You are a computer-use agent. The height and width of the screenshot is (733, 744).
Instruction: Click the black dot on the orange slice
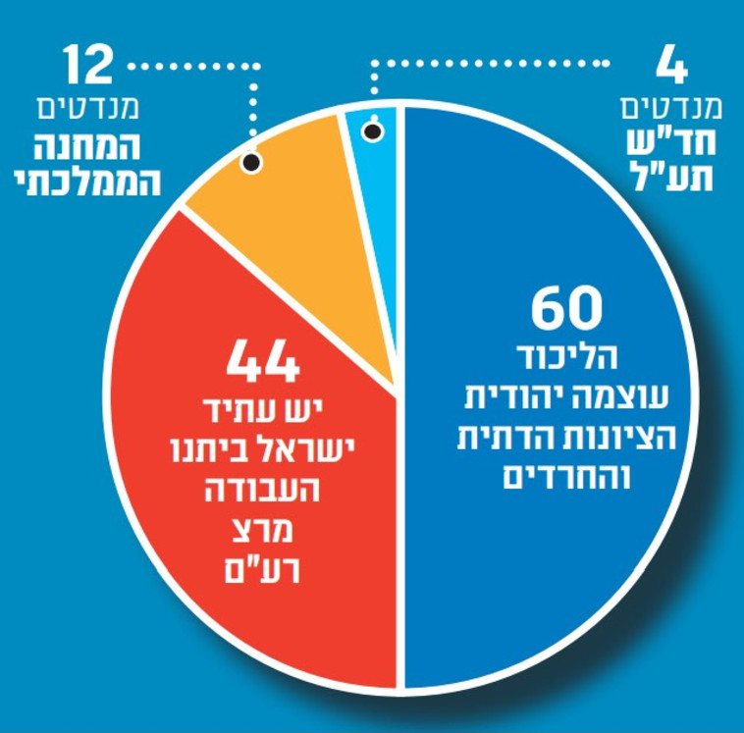coord(251,162)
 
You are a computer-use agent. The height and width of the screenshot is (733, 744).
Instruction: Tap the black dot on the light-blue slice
coord(372,131)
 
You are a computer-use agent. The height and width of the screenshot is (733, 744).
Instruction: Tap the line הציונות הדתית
coord(566,439)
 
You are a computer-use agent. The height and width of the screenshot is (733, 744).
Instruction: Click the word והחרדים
coord(566,478)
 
